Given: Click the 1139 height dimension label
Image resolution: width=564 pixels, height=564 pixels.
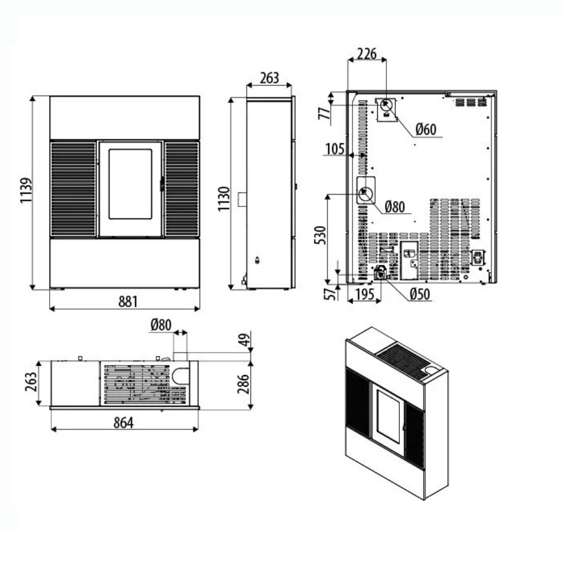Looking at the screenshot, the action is tap(26, 190).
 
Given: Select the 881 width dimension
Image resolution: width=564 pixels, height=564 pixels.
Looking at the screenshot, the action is tap(128, 301).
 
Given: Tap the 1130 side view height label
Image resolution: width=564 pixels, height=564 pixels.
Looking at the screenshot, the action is tap(224, 199).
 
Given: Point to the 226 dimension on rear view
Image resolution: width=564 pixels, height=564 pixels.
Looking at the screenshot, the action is tap(367, 54).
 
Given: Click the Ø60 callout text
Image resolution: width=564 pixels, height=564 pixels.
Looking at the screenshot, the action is tap(426, 129).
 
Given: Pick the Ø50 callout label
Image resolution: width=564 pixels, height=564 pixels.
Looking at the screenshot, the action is tap(420, 294).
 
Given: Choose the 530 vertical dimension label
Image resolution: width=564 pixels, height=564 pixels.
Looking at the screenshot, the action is tap(320, 235).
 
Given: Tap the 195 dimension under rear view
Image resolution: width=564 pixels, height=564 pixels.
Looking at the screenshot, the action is tap(365, 294).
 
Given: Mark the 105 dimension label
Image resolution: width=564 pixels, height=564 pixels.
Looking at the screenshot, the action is tap(335, 149).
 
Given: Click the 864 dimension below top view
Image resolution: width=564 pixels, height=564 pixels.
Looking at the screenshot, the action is tap(124, 422).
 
